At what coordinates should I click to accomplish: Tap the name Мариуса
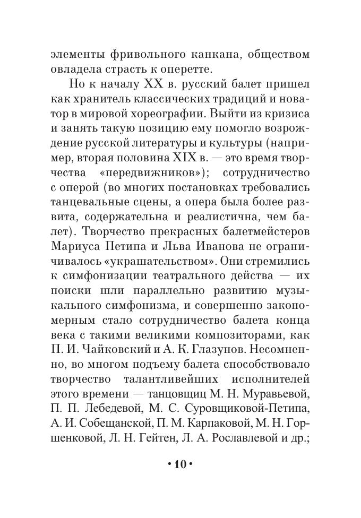[75, 232]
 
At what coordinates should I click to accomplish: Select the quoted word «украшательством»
[170, 247]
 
